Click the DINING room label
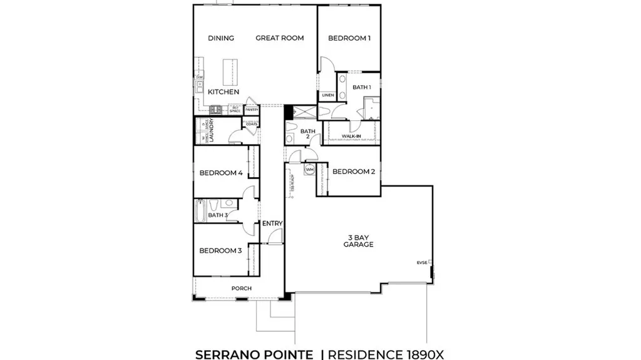click(x=221, y=38)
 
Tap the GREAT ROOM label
click(x=279, y=38)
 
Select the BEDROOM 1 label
click(x=349, y=38)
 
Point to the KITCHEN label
click(x=223, y=92)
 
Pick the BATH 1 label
click(x=361, y=87)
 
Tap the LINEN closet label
click(x=328, y=95)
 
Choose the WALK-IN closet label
click(x=351, y=135)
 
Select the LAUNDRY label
click(x=212, y=131)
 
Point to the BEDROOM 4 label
click(x=221, y=173)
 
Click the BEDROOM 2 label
click(x=353, y=172)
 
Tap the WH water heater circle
click(x=309, y=170)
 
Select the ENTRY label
click(x=272, y=224)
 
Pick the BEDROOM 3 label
click(x=220, y=251)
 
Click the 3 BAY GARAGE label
click(x=358, y=241)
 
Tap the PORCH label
click(x=241, y=289)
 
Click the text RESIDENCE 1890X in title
click(x=387, y=354)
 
